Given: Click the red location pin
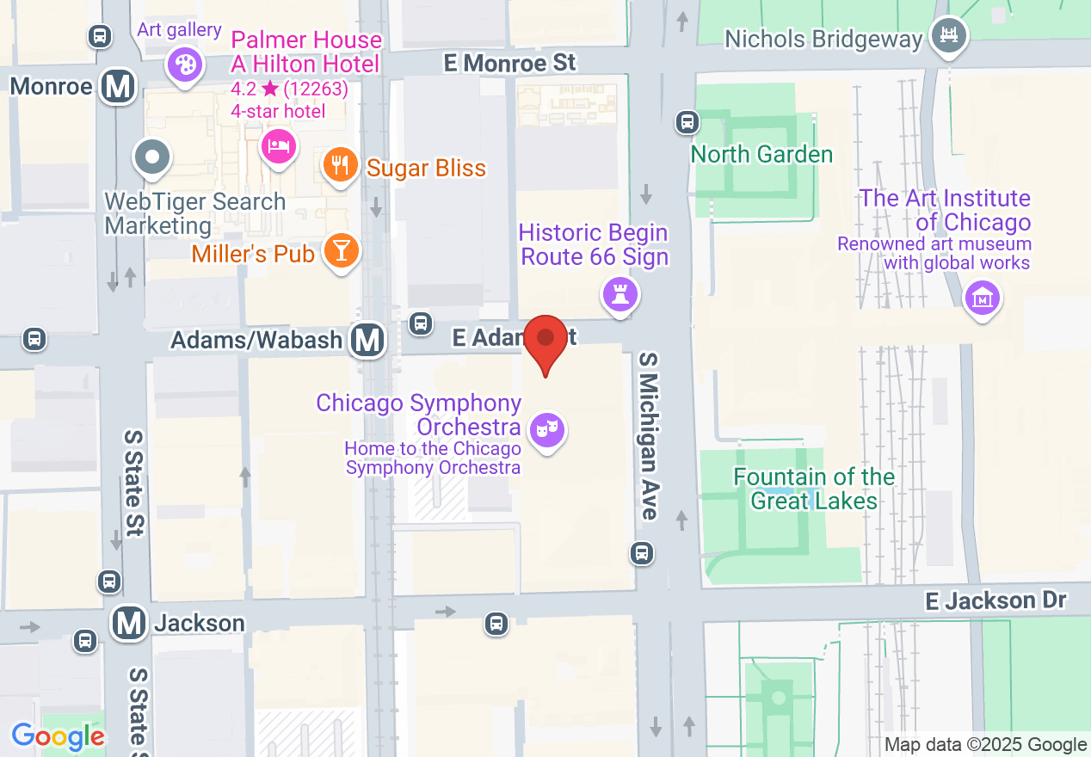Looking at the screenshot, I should coord(545,341).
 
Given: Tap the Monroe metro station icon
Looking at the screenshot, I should coord(118,87).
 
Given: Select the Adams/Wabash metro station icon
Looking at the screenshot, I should coord(368,340).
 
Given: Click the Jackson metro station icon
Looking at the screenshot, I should coord(130,622).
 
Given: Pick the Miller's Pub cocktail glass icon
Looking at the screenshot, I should coord(342,251).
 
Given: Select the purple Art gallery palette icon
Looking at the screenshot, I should coord(184,64).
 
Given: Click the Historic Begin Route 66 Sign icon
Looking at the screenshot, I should coord(619,294).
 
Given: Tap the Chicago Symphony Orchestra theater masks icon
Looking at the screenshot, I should coord(546,428).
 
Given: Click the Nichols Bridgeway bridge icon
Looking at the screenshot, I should coord(949,35).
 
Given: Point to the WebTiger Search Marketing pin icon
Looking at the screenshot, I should coord(153,157).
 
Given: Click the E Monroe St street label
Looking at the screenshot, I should coord(509,63).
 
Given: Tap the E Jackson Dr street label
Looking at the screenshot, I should coord(995,600).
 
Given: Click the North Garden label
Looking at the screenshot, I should coord(762,155).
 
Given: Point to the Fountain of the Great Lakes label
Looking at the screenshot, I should coord(814,489).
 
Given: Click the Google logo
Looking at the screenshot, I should coord(58,736).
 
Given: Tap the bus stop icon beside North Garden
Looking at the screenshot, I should coord(687,122).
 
